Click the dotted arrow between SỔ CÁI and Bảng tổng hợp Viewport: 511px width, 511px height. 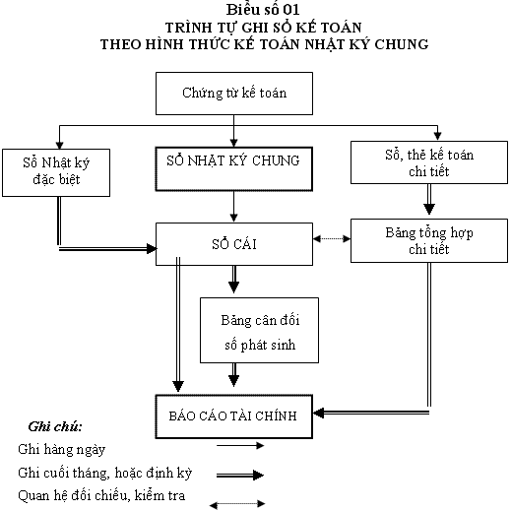(x=332, y=238)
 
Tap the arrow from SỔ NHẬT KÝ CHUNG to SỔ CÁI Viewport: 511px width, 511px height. (x=233, y=207)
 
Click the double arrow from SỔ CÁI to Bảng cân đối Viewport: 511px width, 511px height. (x=233, y=280)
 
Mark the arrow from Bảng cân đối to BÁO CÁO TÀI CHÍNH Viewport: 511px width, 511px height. (x=233, y=375)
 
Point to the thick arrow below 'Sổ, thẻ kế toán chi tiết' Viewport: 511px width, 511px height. (x=429, y=199)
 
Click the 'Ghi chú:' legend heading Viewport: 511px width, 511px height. (x=55, y=426)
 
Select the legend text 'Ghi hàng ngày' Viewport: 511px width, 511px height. (x=62, y=449)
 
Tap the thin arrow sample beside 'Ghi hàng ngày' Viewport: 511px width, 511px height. (x=240, y=445)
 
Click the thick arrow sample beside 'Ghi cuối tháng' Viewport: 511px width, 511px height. (x=240, y=475)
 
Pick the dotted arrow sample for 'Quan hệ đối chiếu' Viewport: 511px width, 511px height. (x=237, y=504)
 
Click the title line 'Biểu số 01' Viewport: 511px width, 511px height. (x=263, y=10)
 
